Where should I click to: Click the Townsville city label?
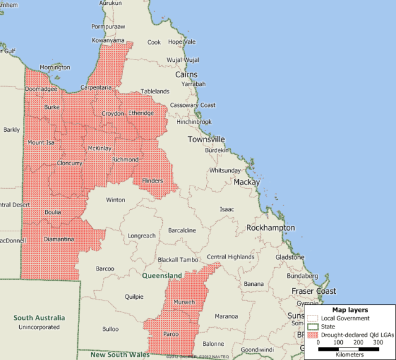(x=206, y=139)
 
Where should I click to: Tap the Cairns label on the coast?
(x=186, y=74)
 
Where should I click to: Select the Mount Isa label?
(x=41, y=142)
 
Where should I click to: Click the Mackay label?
(x=246, y=182)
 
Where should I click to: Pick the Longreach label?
(x=142, y=236)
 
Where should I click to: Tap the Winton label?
(x=115, y=200)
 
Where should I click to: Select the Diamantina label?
(x=59, y=239)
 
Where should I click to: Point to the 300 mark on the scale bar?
(x=377, y=342)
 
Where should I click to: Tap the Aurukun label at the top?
(x=110, y=3)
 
